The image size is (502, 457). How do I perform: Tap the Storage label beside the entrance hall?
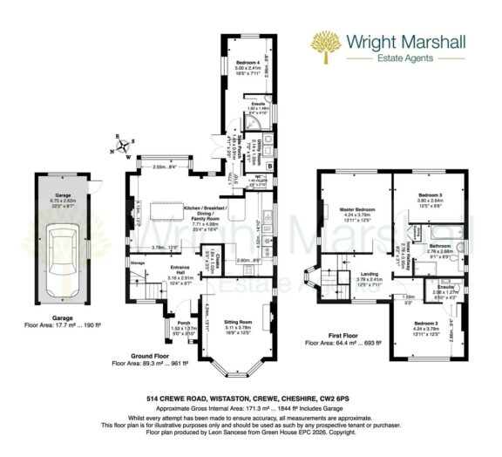coord(137,262)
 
